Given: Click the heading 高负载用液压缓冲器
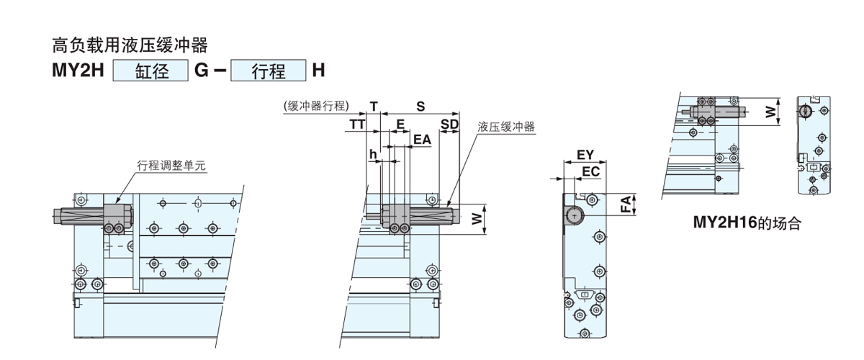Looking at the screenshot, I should click(x=130, y=47).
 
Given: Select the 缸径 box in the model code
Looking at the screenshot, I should click(x=150, y=72).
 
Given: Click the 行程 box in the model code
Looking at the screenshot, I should click(x=268, y=72).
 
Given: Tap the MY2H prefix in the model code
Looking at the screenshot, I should click(x=78, y=72).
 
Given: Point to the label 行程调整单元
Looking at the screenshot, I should click(x=171, y=166).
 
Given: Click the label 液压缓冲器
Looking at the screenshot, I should click(x=507, y=127).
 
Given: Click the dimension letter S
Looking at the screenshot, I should click(x=420, y=106).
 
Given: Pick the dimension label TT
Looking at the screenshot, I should click(x=357, y=124).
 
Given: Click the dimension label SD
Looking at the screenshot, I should click(x=450, y=124).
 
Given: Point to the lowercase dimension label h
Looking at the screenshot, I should click(x=372, y=154).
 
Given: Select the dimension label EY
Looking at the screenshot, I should click(x=585, y=154).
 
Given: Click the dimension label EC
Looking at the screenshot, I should click(x=590, y=171).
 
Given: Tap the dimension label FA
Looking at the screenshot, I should click(x=627, y=204).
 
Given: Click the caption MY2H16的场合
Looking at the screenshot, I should click(x=747, y=223).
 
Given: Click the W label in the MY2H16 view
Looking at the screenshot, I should click(x=770, y=112).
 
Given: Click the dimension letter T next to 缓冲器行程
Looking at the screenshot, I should click(x=374, y=106).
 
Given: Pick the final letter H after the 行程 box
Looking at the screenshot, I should click(x=318, y=72).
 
